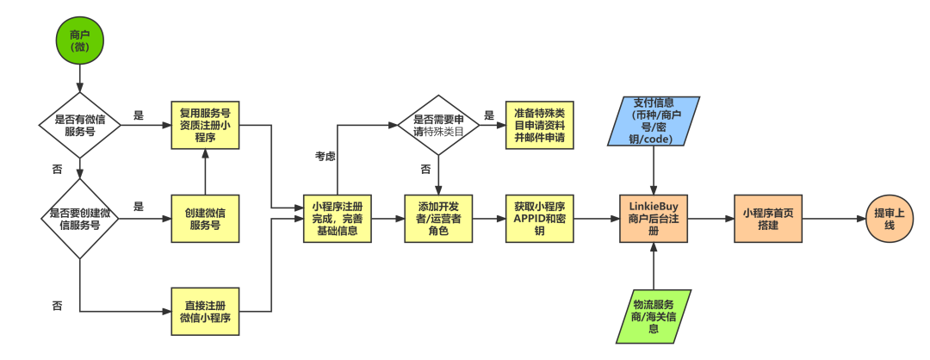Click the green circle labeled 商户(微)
tap(79, 41)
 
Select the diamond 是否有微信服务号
tap(79, 125)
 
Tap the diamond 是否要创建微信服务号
tap(79, 218)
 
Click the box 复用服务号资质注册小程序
tap(204, 125)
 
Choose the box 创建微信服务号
tap(204, 218)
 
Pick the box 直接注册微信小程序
tap(204, 311)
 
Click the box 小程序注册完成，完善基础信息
tap(337, 219)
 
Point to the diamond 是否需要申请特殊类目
tap(439, 126)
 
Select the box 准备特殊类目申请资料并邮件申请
tap(538, 126)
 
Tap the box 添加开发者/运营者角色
tap(439, 219)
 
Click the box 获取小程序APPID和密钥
tap(540, 219)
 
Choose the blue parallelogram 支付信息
tap(654, 121)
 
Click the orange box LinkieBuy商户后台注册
tap(654, 219)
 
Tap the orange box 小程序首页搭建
tap(767, 219)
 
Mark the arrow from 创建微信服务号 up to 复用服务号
tap(204, 171)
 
